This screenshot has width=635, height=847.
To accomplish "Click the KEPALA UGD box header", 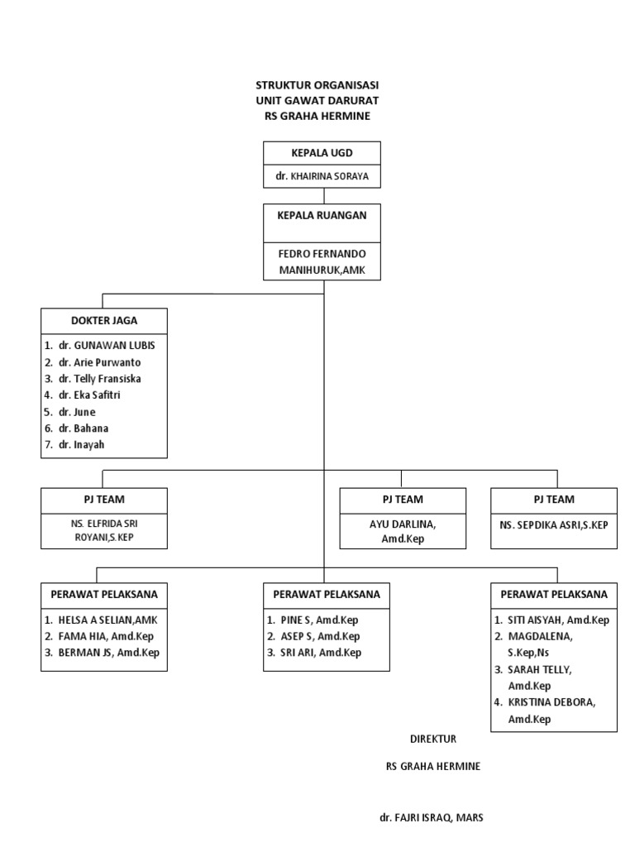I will (x=322, y=154).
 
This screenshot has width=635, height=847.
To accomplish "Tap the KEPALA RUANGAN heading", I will (x=322, y=213).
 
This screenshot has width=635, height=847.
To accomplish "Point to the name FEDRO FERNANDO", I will (x=322, y=253).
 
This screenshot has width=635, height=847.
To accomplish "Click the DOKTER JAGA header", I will (x=104, y=320).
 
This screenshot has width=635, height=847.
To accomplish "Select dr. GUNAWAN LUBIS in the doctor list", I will (x=106, y=345).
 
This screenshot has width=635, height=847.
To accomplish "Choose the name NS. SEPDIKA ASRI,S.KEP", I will (x=553, y=524).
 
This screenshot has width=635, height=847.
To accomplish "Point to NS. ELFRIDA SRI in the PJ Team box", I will (x=104, y=523).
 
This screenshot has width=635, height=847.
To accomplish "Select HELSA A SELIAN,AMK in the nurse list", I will (x=107, y=620).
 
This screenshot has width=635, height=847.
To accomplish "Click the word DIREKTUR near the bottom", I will (x=432, y=739).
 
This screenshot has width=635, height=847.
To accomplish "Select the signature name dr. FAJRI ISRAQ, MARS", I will (x=431, y=817).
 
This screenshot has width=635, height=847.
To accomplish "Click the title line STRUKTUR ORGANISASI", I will (x=317, y=85).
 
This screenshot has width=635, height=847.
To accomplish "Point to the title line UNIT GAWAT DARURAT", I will (x=317, y=101).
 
